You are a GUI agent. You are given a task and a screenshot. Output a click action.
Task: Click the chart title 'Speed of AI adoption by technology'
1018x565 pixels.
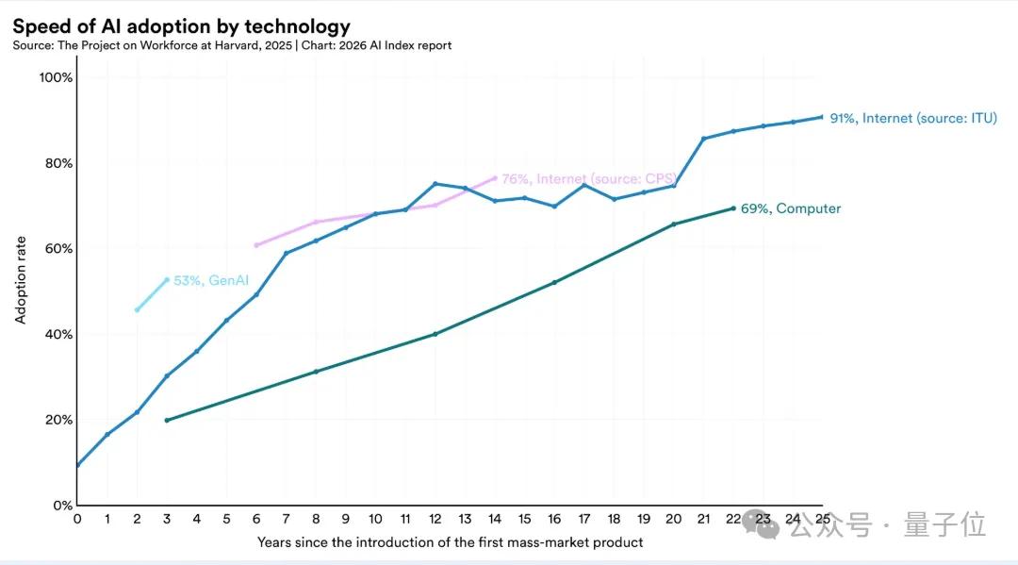[181, 26]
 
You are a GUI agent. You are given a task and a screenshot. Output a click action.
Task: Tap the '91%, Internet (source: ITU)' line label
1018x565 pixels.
[912, 119]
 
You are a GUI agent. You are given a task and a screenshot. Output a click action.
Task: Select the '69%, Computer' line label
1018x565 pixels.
[790, 208]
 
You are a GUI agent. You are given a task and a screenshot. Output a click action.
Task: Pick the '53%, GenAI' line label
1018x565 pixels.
[200, 280]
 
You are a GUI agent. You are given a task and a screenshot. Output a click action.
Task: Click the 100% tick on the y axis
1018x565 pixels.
[55, 77]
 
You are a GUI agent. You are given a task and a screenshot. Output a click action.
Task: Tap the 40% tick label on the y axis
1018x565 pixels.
[57, 334]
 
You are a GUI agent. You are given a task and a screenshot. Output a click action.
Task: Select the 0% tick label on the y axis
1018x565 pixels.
[61, 506]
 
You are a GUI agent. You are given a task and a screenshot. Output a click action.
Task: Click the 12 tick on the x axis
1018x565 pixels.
[435, 519]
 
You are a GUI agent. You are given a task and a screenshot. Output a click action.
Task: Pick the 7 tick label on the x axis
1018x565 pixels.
[286, 519]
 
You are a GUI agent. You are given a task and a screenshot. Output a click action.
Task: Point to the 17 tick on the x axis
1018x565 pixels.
[583, 519]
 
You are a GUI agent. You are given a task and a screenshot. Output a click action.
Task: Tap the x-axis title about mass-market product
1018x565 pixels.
[450, 542]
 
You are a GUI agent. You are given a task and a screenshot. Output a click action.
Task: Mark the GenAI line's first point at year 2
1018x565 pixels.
[137, 309]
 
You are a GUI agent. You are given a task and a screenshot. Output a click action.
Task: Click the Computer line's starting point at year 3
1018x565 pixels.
[167, 420]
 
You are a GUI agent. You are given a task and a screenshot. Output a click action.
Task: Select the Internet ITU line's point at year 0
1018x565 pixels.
[77, 465]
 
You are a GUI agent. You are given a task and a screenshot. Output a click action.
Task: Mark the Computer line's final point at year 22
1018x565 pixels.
[732, 208]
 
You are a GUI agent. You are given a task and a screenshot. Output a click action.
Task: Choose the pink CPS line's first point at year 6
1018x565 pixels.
[256, 245]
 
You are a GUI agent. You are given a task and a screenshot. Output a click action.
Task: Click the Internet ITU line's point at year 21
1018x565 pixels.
[703, 139]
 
